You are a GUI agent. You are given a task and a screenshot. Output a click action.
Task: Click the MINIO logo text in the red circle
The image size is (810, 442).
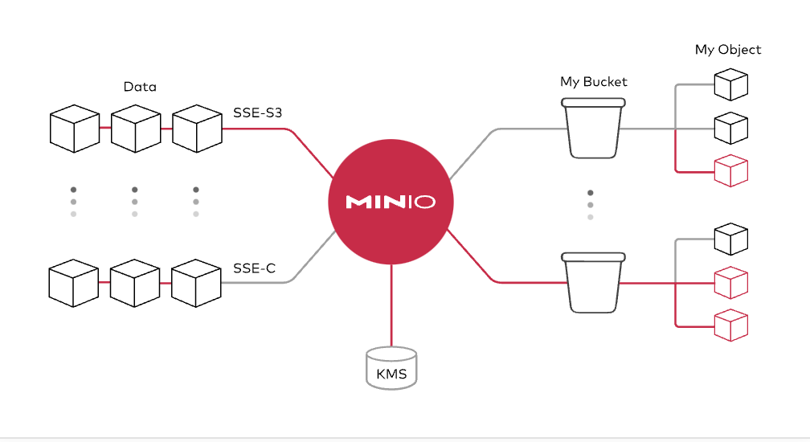(x=391, y=202)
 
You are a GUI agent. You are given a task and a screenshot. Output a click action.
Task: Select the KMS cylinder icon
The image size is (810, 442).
(x=391, y=369)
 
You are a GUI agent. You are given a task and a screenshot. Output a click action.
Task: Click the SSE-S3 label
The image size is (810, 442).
(x=258, y=113)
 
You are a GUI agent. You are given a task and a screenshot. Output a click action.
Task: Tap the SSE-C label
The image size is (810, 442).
(x=255, y=268)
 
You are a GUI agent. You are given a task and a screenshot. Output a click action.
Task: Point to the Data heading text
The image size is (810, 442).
(x=140, y=87)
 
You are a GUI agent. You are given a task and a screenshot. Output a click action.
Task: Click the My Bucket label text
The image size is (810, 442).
(x=594, y=81)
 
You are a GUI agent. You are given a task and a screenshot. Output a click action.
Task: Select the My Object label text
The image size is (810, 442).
(x=728, y=50)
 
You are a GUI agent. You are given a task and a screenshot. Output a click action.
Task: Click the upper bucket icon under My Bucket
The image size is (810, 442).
(x=594, y=128)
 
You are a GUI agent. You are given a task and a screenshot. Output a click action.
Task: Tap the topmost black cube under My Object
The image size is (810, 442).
(x=731, y=84)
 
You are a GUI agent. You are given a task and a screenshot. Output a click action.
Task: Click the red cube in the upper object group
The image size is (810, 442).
(x=731, y=170)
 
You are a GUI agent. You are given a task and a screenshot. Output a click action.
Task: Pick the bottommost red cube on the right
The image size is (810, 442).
(x=731, y=325)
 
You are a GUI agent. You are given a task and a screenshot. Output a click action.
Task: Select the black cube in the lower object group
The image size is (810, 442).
(x=731, y=239)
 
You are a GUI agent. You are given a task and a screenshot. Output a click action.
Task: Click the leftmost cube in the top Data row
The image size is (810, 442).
(x=74, y=129)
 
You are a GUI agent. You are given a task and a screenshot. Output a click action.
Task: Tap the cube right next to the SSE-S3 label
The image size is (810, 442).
(x=197, y=129)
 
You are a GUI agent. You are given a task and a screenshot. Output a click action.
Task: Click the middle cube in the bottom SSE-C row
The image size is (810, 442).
(x=134, y=282)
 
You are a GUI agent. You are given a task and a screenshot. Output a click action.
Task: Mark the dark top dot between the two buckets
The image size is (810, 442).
(x=591, y=193)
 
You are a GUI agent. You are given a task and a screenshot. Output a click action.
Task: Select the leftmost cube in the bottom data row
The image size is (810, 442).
(x=73, y=282)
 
